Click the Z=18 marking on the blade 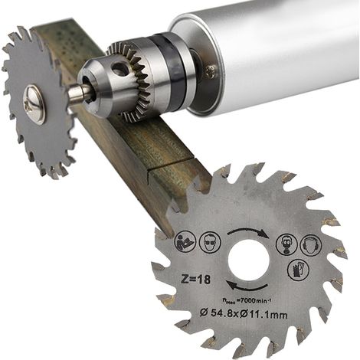196,279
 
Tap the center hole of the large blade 249,260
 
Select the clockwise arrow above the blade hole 248,231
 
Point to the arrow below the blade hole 247,286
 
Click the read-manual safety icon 185,241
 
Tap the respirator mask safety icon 287,244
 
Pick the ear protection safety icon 311,245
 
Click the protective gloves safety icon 299,270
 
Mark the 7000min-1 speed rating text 247,301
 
